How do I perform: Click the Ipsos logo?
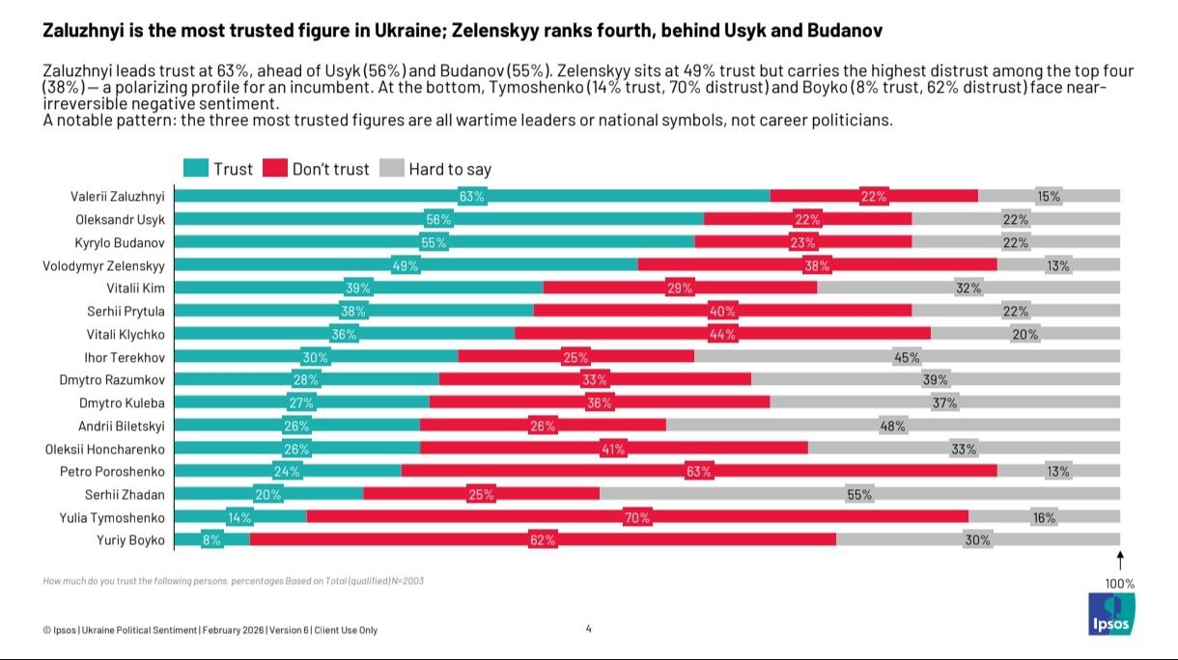[1111, 614]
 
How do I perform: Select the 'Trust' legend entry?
[218, 169]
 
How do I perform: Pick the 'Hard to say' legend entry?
[435, 169]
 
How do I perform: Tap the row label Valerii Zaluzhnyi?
[117, 196]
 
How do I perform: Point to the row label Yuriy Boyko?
[130, 539]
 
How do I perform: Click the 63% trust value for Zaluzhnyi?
[472, 197]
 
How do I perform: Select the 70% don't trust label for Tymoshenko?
[637, 517]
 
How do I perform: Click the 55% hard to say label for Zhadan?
[859, 494]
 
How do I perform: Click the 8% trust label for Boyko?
[211, 540]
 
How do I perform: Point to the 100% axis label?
[1120, 584]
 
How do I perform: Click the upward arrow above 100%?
[1120, 560]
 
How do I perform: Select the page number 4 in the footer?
[588, 629]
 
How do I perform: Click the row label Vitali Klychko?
[126, 334]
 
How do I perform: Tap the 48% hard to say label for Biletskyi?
[892, 426]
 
